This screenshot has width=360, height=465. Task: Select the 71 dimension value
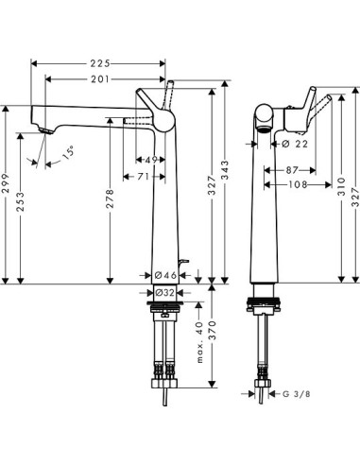point(143,176)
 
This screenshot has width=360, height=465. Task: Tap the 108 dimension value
point(298,185)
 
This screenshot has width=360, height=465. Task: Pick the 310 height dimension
point(339,193)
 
